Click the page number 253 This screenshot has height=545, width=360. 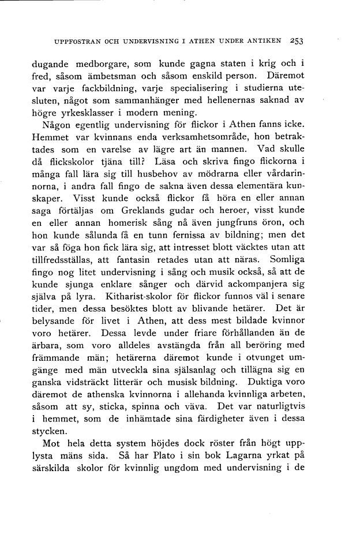pyautogui.click(x=297, y=41)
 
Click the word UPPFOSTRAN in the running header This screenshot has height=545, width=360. pyautogui.click(x=73, y=42)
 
